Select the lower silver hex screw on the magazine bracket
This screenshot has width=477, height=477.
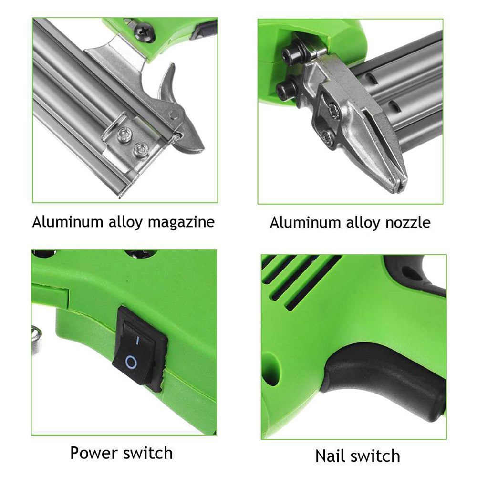click(x=140, y=150)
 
